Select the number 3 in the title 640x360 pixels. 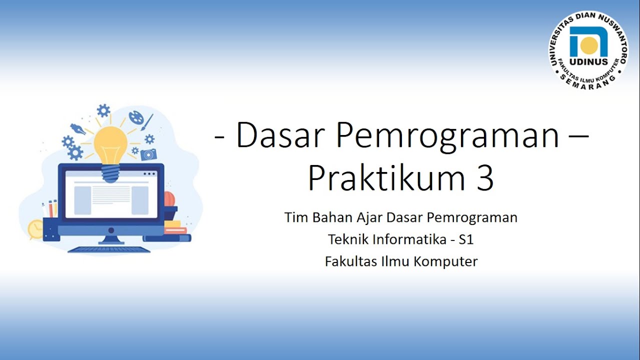pos(483,178)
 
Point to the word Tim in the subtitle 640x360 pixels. pos(294,217)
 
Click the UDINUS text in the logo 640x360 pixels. pos(588,62)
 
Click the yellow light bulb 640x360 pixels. pos(111,145)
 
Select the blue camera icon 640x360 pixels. pos(148,154)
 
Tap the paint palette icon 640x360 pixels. pos(136,117)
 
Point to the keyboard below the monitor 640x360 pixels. pos(108,249)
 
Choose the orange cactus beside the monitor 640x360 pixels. pos(170,199)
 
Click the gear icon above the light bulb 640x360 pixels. pos(103,110)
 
